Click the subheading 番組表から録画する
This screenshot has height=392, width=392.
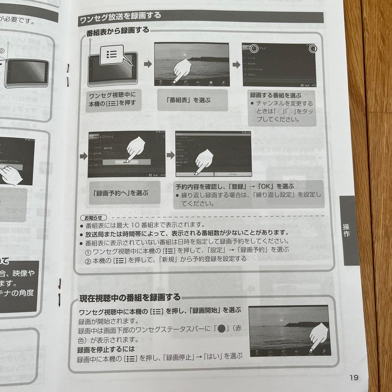pyautogui.click(x=118, y=30)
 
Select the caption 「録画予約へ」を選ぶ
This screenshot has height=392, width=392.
pyautogui.click(x=120, y=193)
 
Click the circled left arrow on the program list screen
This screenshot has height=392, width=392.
pyautogui.click(x=254, y=48)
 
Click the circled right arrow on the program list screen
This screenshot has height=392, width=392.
pyautogui.click(x=313, y=49)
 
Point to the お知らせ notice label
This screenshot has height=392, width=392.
pyautogui.click(x=93, y=218)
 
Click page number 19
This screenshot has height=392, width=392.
pyautogui.click(x=354, y=377)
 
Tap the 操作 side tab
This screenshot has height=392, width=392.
pyautogui.click(x=347, y=230)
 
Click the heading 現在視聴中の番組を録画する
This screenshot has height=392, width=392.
pyautogui.click(x=130, y=298)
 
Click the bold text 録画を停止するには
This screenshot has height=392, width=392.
pyautogui.click(x=106, y=350)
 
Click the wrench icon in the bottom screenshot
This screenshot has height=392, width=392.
pyautogui.click(x=324, y=352)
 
